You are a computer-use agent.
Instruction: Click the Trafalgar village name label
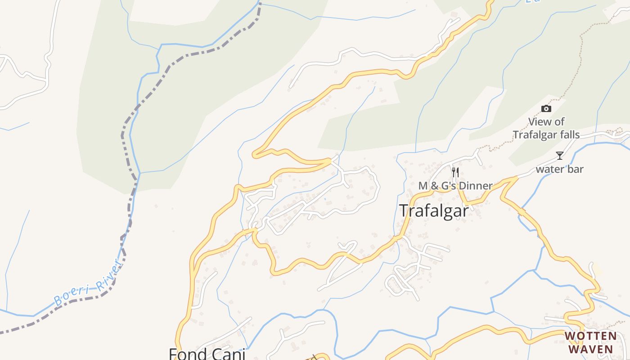pyautogui.click(x=434, y=211)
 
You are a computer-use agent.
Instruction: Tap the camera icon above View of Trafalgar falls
pyautogui.click(x=546, y=108)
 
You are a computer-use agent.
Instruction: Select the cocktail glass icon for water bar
pyautogui.click(x=559, y=156)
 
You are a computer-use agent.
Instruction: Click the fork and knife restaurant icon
pyautogui.click(x=455, y=172)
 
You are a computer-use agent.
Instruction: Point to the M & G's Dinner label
pyautogui.click(x=455, y=185)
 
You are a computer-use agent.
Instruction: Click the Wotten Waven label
pyautogui.click(x=591, y=342)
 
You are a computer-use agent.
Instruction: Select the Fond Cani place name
pyautogui.click(x=207, y=354)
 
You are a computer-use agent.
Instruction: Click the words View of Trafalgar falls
pyautogui.click(x=546, y=128)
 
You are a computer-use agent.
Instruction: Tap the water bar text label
pyautogui.click(x=559, y=169)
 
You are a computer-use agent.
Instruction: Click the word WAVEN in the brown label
pyautogui.click(x=591, y=349)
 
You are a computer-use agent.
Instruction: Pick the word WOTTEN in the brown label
pyautogui.click(x=591, y=336)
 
